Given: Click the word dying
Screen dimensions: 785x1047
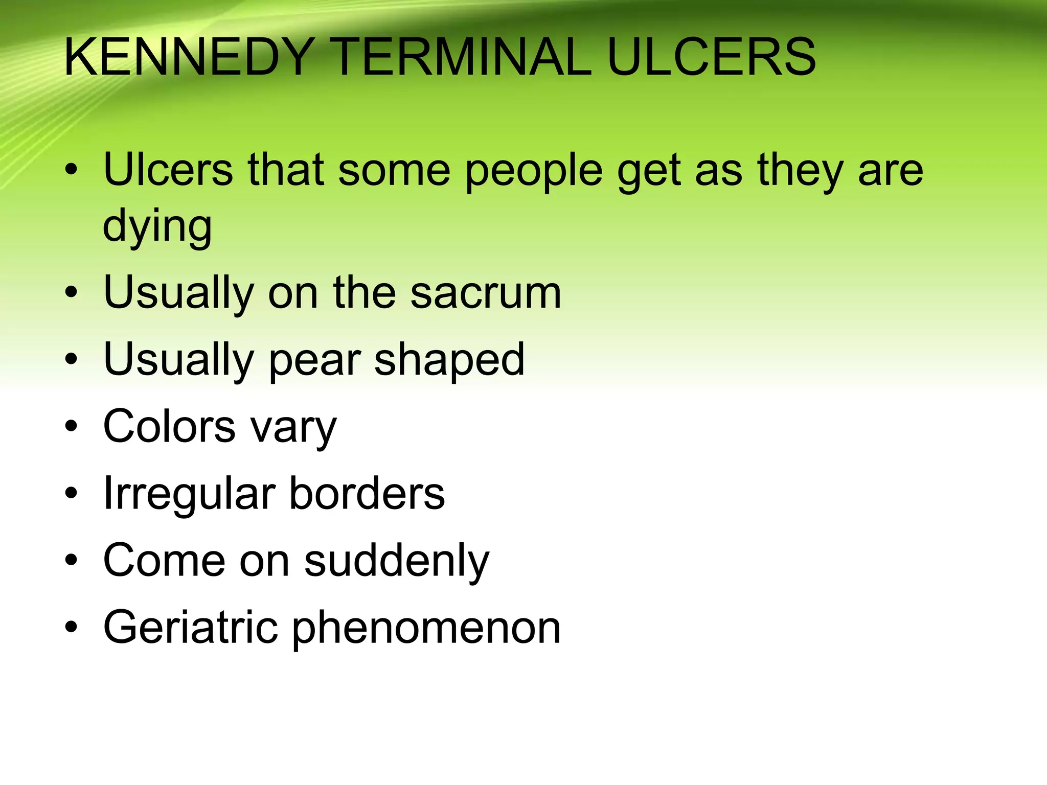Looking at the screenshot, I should [157, 226].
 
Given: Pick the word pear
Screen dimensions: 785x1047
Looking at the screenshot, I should [314, 360].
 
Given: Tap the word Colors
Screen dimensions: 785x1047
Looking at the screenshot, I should [169, 426].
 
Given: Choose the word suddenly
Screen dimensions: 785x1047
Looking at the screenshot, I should [397, 561].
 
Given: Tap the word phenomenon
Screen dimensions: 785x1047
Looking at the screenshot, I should [426, 629].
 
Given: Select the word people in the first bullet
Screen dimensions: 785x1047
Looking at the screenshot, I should [534, 171].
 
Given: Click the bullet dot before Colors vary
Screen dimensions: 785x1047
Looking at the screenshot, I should [71, 426].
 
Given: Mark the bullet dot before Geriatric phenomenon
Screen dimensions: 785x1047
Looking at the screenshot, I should [71, 627].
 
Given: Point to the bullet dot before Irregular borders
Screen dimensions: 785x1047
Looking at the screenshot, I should [71, 493].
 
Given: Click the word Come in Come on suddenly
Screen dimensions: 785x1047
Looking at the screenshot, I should [164, 561].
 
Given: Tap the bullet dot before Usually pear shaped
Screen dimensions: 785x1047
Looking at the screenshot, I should [71, 359].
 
